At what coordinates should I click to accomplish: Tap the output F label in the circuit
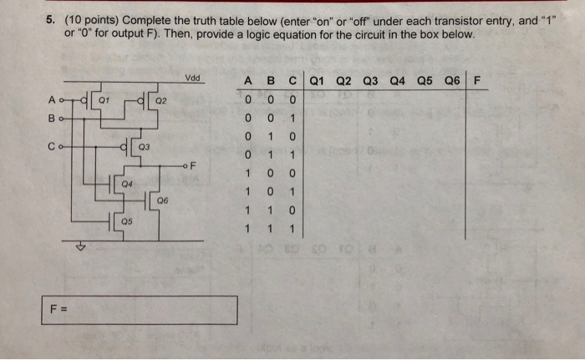193,165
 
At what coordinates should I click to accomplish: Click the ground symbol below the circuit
81,247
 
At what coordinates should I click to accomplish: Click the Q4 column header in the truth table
397,82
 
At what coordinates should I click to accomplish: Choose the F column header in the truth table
476,82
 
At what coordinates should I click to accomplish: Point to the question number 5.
51,22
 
